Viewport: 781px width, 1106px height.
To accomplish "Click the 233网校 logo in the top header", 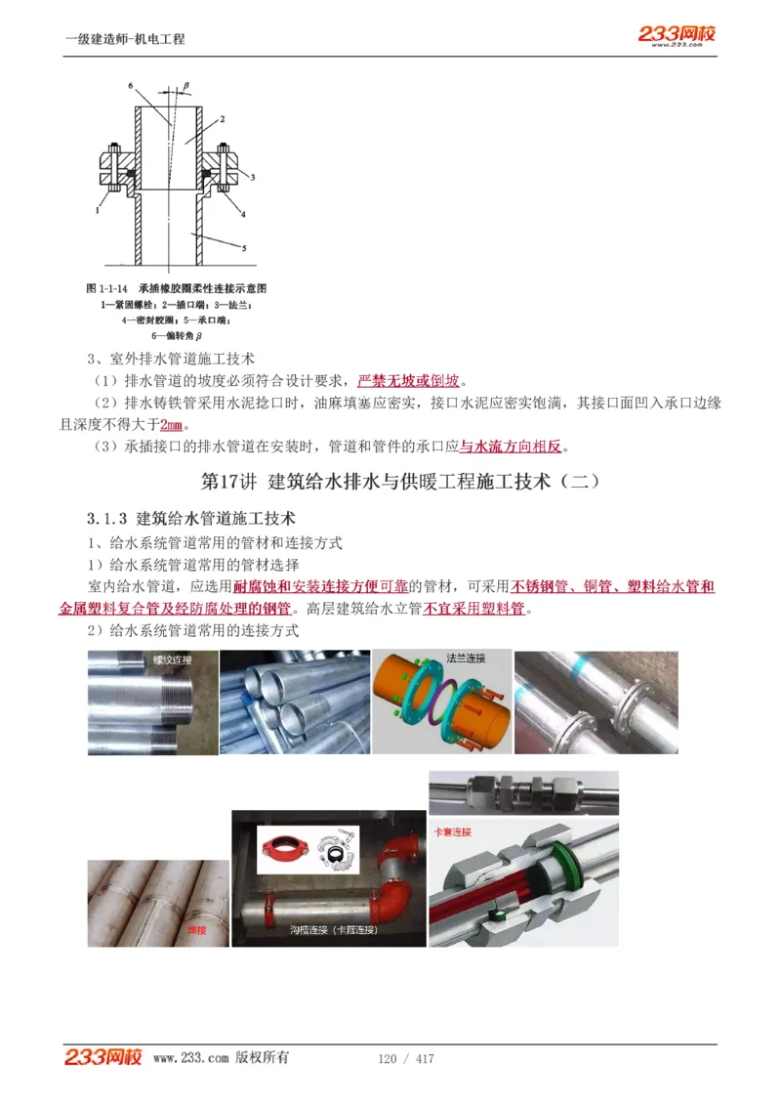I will coord(677,34).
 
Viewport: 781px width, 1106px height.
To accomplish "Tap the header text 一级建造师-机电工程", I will coord(124,39).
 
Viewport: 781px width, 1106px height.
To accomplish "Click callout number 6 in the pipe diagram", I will coord(130,86).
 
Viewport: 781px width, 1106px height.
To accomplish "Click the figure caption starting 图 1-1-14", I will coord(177,289).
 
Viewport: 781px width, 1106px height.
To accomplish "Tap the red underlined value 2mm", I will coord(172,425).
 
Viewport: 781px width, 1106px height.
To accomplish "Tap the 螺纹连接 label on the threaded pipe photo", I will coord(172,659).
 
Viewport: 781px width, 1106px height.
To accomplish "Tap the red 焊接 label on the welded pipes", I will coord(196,930).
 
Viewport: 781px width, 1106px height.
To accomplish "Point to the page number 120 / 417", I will coord(405,1059).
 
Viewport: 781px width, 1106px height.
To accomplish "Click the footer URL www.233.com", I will coord(191,1058).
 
